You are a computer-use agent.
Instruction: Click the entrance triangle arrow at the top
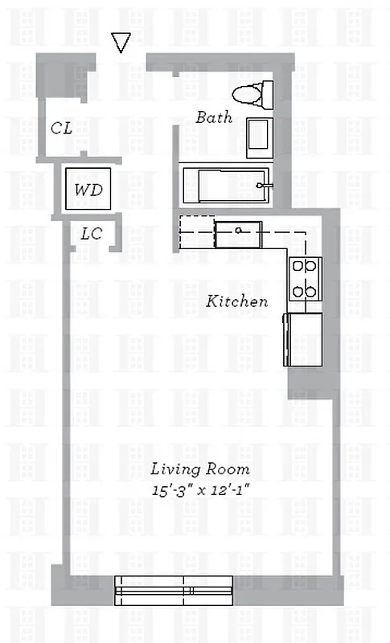[121, 43]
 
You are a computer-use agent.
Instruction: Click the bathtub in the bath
[225, 185]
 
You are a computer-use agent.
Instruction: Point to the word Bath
[214, 117]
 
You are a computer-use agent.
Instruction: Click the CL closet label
[62, 128]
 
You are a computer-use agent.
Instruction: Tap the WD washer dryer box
[88, 190]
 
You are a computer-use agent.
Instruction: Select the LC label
[91, 234]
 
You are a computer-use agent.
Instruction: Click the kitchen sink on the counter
[238, 234]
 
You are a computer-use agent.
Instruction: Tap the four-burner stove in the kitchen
[305, 278]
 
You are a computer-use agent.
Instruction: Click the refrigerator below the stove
[303, 338]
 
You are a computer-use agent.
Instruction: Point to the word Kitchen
[237, 301]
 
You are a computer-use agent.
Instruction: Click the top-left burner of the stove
[298, 266]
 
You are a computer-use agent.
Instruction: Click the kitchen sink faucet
[239, 231]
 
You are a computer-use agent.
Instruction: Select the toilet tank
[267, 94]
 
